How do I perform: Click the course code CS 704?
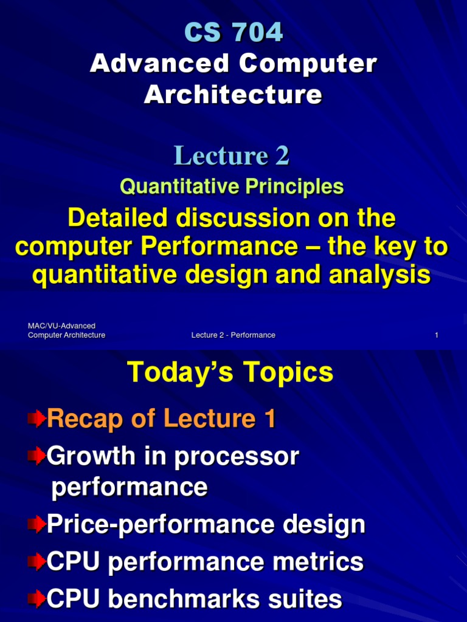233,32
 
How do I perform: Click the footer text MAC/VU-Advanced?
61,326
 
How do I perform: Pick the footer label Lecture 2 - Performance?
233,335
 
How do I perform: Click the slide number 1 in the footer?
437,335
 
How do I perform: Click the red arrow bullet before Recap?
36,418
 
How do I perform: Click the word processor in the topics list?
237,457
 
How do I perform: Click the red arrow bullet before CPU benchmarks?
36,600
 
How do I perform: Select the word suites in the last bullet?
304,600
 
